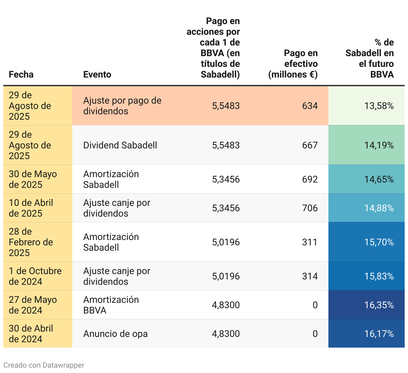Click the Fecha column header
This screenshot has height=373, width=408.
[21, 74]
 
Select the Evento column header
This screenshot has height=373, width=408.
[97, 74]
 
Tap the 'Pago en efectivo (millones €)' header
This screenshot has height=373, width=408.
[293, 64]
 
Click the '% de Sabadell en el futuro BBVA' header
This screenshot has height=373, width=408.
[370, 58]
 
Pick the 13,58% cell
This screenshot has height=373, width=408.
[379, 106]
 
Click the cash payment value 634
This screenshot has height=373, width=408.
[310, 106]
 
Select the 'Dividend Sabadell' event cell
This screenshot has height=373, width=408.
[120, 145]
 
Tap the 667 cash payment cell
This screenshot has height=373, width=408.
[310, 145]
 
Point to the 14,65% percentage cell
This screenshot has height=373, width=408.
[379, 179]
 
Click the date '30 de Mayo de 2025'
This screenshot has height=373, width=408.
[33, 179]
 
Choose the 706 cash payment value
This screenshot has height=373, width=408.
[310, 208]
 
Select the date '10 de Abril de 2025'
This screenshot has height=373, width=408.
[31, 208]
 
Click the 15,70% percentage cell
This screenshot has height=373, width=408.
[379, 242]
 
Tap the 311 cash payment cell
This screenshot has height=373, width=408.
[310, 242]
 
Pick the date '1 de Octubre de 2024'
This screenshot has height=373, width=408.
[35, 276]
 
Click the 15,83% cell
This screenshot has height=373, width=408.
[379, 276]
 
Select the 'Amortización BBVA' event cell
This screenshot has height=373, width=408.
[111, 305]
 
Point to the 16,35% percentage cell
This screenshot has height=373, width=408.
[379, 305]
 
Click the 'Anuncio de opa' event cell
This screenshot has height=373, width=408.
[115, 334]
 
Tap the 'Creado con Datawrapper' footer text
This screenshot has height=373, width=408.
[44, 365]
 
